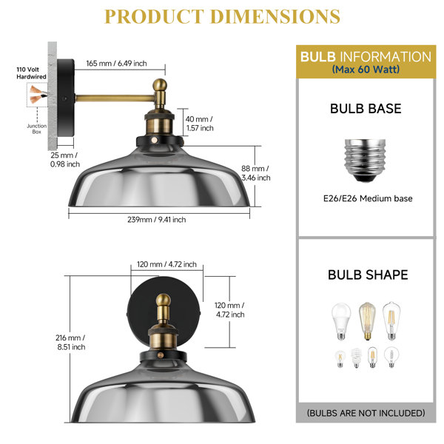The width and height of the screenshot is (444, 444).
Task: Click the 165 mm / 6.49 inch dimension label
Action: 116,63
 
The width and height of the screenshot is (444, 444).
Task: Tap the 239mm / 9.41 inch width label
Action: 157,220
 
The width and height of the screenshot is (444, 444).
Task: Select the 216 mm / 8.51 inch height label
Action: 71,342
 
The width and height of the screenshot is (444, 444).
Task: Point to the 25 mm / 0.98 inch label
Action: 65,159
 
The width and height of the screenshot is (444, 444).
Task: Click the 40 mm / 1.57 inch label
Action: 199,124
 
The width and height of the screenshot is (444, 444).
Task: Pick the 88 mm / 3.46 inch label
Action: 256,173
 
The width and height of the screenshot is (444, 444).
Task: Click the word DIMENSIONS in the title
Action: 275,16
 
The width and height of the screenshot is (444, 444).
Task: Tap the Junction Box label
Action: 37,129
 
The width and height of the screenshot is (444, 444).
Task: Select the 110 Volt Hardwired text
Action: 31,73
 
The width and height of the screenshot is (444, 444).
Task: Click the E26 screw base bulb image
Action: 365,161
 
